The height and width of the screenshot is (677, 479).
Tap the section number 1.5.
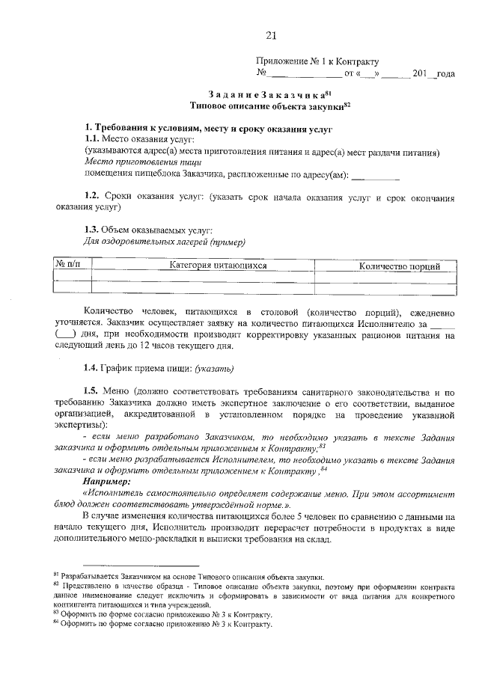(x=91, y=393)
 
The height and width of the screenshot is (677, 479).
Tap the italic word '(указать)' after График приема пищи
(x=215, y=368)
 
